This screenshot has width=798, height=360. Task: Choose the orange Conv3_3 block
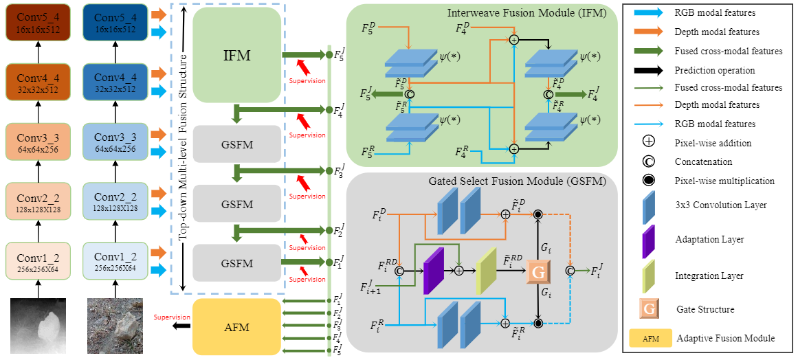pos(38,142)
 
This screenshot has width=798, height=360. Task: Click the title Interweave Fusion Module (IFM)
pos(523,13)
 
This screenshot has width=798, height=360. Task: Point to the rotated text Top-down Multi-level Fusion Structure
pos(184,148)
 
